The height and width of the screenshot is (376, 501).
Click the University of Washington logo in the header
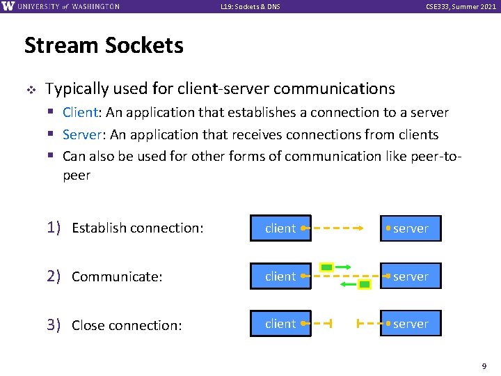(x=61, y=6)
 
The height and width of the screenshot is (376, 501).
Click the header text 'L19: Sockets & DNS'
(x=250, y=7)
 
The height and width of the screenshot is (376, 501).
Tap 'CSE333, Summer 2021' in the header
(x=461, y=7)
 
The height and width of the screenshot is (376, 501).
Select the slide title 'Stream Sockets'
(x=104, y=46)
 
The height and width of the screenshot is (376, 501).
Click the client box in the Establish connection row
(x=280, y=228)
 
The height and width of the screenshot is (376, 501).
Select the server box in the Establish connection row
(x=411, y=228)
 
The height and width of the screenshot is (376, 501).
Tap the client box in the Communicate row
(x=280, y=276)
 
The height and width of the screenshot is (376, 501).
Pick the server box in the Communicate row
(x=411, y=276)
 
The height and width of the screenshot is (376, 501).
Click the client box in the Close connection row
(x=280, y=324)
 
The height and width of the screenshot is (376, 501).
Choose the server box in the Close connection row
(x=411, y=324)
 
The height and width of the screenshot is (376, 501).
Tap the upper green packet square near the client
(x=326, y=267)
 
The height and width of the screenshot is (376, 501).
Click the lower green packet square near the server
(x=364, y=284)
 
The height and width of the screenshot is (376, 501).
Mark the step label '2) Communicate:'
(x=104, y=276)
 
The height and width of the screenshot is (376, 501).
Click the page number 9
(x=484, y=365)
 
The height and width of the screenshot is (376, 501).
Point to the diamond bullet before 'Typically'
(x=31, y=90)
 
